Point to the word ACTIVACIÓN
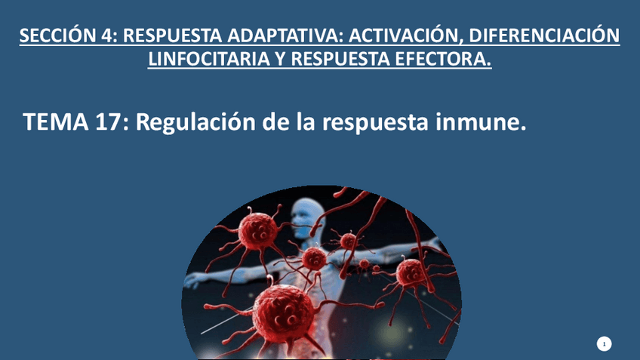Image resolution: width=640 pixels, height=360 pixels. [402, 35]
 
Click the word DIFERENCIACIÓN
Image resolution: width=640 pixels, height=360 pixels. [544, 35]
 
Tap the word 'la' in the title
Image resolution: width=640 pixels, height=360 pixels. [304, 122]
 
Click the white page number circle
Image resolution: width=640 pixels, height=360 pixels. [604, 344]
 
